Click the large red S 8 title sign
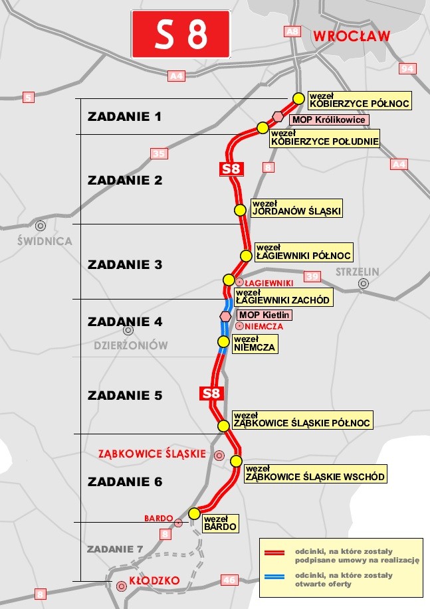(181, 34)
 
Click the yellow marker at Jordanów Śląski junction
(241, 210)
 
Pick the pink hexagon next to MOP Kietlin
(226, 316)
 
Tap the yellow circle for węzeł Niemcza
(223, 342)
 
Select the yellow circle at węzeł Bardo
(194, 513)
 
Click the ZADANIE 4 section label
(125, 321)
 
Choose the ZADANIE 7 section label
(115, 549)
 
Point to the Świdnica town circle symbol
(41, 226)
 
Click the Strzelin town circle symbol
(363, 284)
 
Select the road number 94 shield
(407, 68)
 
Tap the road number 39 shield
(312, 276)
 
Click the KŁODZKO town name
(155, 580)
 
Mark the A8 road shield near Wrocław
(292, 31)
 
